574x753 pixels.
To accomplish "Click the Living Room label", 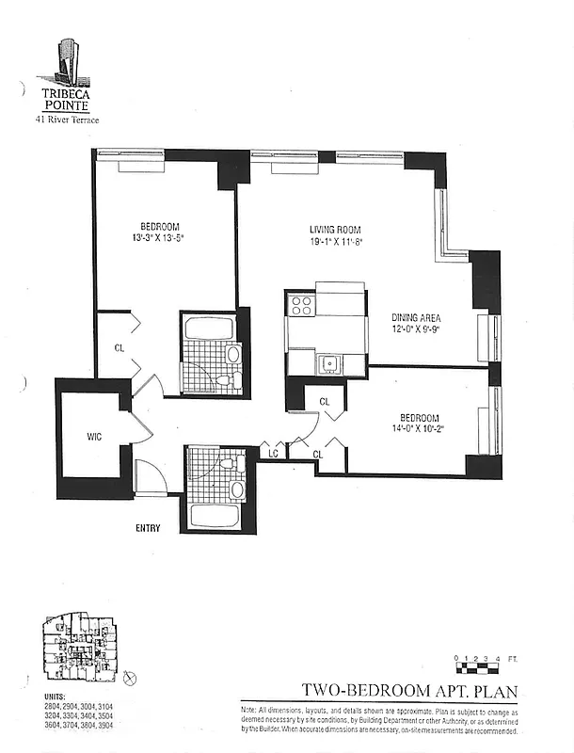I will tap(336, 230).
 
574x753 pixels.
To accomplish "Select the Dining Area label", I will tap(416, 317).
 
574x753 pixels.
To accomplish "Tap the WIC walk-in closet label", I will tap(94, 437).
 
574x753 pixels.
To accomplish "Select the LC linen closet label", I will tap(273, 454).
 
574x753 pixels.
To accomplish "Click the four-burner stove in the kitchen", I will tap(302, 304).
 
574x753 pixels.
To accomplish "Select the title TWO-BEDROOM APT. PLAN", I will tap(409, 691).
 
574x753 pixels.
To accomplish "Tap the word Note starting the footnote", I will tap(250, 708).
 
